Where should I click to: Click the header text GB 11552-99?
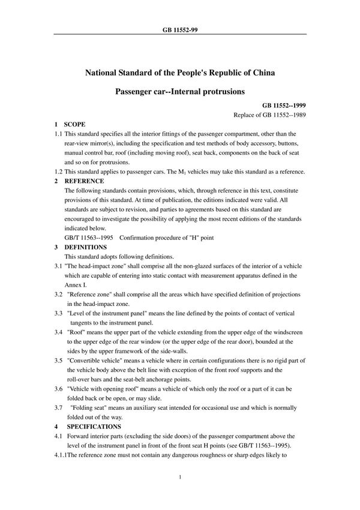tap(180, 28)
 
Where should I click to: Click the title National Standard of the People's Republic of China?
tap(180, 74)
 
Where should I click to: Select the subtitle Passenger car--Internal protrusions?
tap(180, 93)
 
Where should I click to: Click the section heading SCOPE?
tap(75, 124)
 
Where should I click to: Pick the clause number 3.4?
tap(58, 331)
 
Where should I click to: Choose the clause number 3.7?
tap(58, 407)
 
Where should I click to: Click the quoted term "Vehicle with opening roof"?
tap(104, 389)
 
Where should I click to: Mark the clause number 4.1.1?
tap(60, 454)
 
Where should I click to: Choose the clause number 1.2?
tap(58, 172)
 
